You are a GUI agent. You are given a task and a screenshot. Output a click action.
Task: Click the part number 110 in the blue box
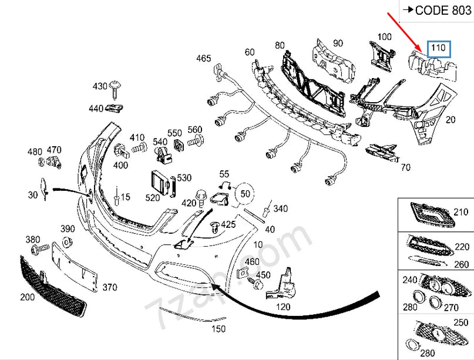click(439, 48)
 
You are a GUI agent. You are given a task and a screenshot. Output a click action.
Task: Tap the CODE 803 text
click(438, 10)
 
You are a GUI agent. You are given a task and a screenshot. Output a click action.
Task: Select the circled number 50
click(246, 193)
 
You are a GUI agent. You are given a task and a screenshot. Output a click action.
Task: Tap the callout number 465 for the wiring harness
click(203, 58)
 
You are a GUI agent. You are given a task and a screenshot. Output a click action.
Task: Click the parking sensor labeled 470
click(55, 163)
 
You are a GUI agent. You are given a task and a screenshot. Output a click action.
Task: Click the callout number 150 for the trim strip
click(218, 329)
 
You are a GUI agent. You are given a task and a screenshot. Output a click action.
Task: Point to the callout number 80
click(279, 45)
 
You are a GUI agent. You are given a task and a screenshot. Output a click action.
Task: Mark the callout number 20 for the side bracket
click(451, 120)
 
